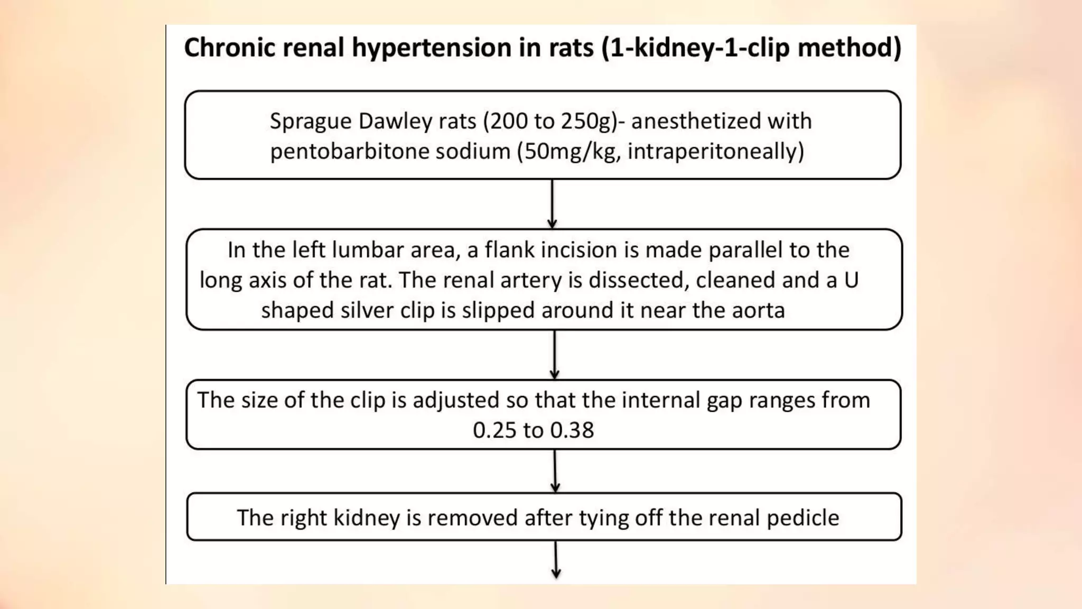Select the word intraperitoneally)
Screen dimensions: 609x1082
coord(715,152)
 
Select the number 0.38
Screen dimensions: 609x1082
coord(572,430)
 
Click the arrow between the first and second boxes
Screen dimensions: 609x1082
coord(552,204)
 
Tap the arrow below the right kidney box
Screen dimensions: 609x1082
coord(556,560)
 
